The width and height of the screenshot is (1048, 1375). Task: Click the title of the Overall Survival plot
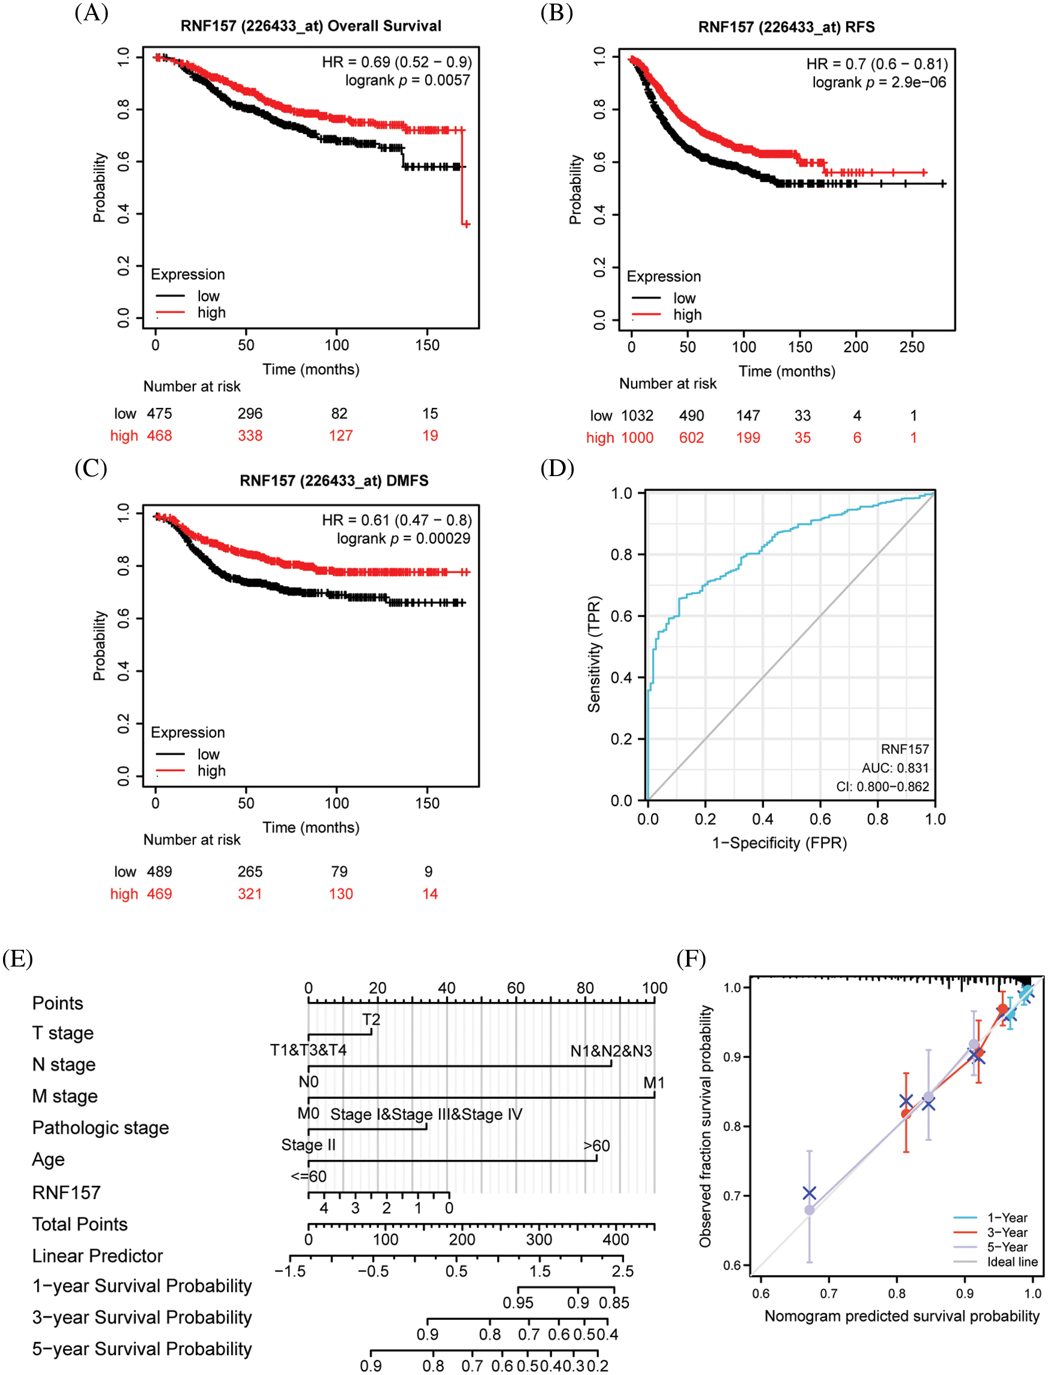tap(311, 26)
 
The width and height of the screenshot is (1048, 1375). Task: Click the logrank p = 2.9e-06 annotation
tap(879, 83)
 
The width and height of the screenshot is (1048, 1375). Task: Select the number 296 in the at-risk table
tap(250, 414)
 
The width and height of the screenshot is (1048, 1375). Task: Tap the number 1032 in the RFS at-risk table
tap(637, 416)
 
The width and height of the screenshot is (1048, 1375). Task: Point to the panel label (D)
tap(556, 468)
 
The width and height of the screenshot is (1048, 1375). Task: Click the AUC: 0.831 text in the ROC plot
tap(895, 768)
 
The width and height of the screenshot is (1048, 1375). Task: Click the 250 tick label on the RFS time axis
tap(911, 347)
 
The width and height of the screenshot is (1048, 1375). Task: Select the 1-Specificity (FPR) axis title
tap(779, 843)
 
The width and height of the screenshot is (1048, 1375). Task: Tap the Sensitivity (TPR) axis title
tap(594, 654)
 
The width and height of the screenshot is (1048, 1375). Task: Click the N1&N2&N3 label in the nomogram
tap(611, 1051)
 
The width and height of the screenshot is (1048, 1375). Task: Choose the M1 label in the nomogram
tap(654, 1082)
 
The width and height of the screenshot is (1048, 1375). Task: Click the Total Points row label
tap(80, 1224)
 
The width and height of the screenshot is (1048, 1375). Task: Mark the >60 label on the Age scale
tap(596, 1146)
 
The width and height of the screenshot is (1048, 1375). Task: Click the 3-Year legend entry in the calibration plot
tap(1006, 1232)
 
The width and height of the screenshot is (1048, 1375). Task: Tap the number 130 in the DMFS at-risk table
tap(341, 894)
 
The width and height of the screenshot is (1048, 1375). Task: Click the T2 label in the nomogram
tap(371, 1019)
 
